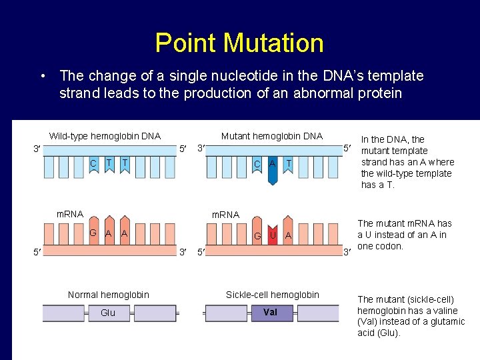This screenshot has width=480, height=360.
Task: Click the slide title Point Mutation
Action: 239,43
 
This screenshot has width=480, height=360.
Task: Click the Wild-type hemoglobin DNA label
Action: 105,136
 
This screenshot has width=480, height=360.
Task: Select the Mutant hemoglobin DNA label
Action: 271,136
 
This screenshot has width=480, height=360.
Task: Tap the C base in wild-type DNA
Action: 93,163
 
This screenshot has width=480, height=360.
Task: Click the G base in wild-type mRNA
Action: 93,233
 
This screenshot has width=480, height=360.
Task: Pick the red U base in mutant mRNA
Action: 272,235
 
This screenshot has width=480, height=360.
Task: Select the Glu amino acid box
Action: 108,313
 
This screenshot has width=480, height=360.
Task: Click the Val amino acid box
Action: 270,313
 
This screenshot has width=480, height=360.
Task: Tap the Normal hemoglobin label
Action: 109,295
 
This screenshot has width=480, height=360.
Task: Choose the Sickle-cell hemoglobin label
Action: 272,295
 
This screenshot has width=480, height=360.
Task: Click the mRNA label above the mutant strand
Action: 225,215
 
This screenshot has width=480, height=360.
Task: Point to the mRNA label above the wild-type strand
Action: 70,214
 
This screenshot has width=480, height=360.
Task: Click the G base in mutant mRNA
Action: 257,235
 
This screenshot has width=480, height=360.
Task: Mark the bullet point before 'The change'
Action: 42,76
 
